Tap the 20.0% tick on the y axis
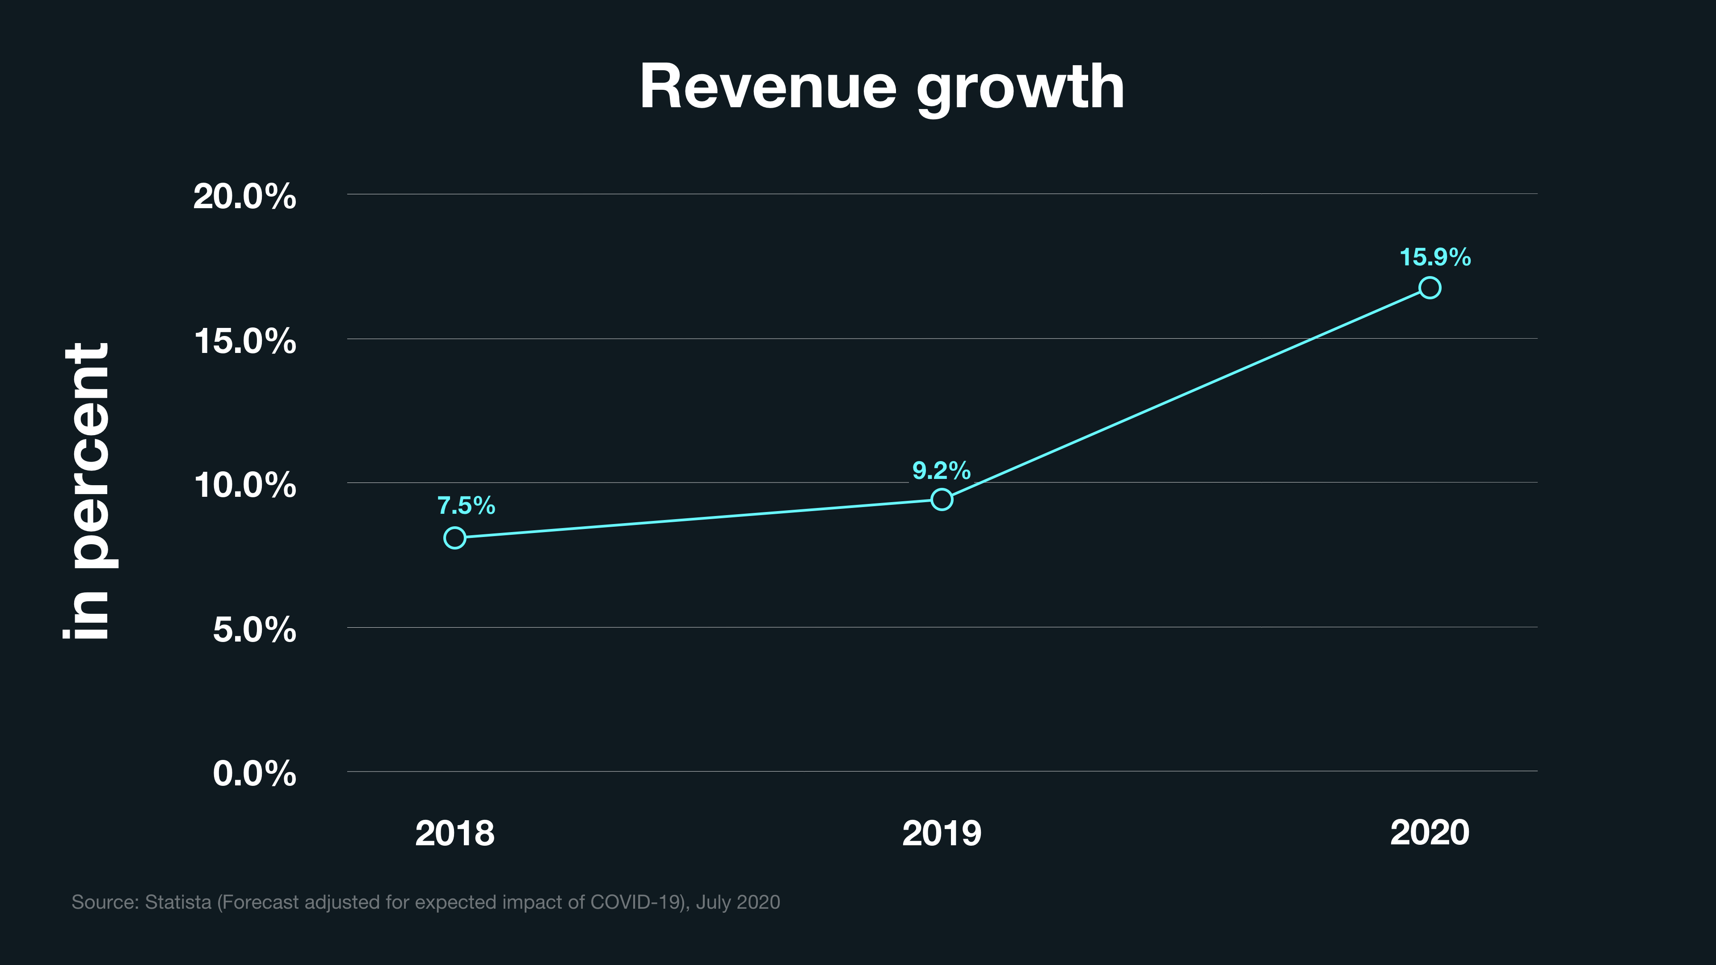tap(244, 197)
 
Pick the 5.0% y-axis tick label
tap(254, 629)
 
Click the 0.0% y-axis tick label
tap(254, 773)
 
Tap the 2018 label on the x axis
tap(455, 833)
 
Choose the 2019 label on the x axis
tap(941, 833)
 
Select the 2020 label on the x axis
tap(1430, 832)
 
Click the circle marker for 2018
tap(455, 537)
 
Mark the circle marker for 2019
tap(941, 499)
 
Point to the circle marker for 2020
tap(1430, 288)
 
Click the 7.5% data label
tap(466, 505)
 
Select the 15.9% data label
tap(1435, 257)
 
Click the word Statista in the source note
tap(178, 902)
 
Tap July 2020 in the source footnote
tap(737, 902)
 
